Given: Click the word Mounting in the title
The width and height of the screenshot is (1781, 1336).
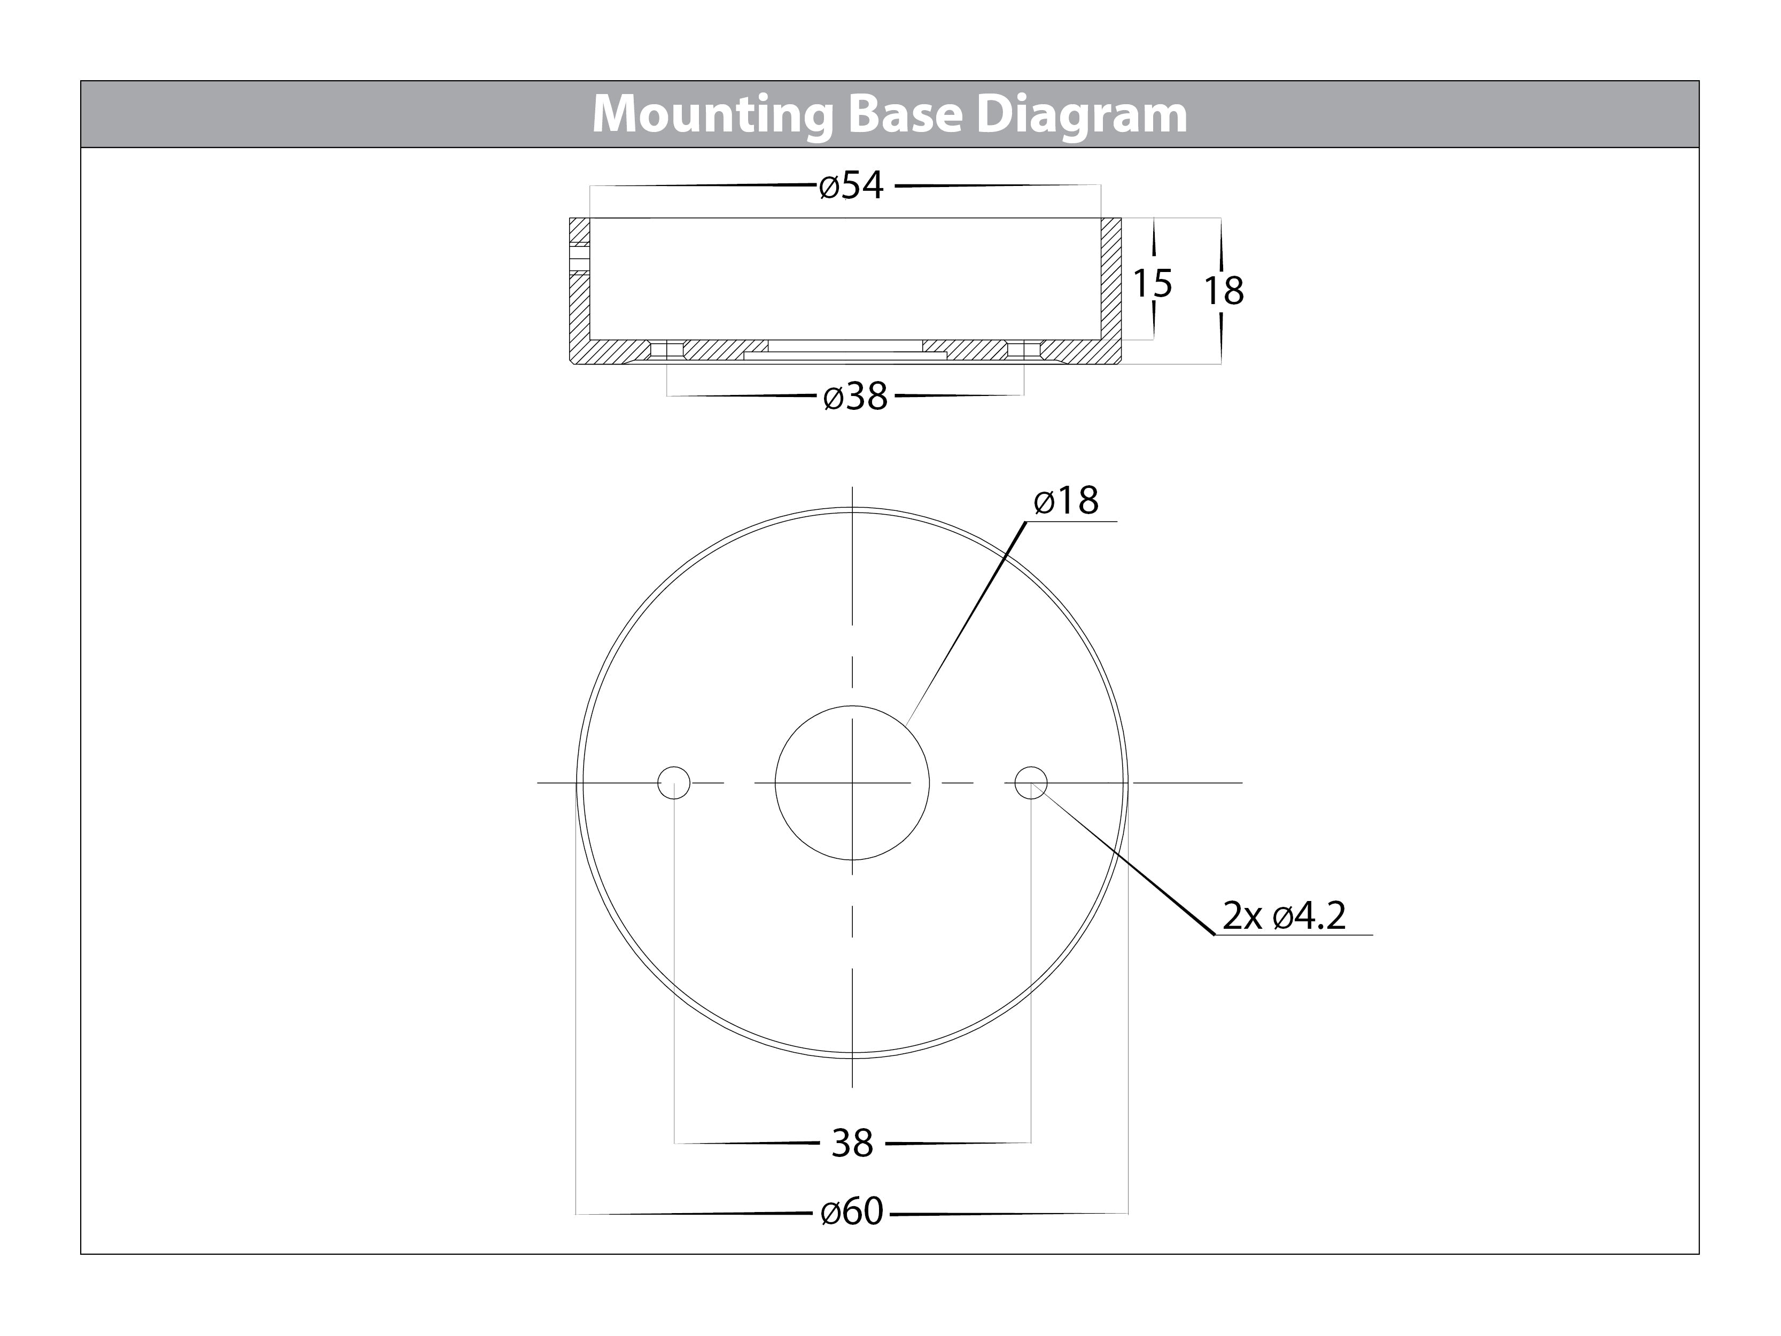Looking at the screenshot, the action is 713,115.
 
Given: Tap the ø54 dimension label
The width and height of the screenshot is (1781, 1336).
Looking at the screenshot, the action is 851,186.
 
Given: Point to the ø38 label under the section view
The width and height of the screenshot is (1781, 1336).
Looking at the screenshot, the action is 855,396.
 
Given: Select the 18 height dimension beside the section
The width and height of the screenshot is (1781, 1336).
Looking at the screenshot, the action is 1224,291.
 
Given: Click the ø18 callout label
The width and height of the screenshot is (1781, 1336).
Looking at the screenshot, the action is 1066,500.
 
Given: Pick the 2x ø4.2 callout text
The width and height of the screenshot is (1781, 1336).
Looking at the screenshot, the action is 1284,916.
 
